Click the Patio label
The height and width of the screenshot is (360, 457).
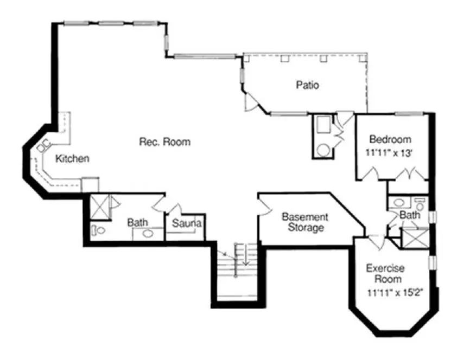click(307, 85)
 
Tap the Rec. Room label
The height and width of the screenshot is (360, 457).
click(165, 142)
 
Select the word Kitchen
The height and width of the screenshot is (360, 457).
click(73, 159)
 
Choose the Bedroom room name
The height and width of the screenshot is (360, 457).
click(390, 139)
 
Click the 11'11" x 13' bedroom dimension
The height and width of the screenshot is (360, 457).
click(390, 153)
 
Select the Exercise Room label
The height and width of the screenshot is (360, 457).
click(384, 274)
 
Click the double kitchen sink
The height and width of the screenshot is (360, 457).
click(43, 145)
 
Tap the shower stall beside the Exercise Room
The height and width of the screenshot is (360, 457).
click(415, 239)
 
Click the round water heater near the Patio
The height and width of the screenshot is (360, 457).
click(323, 150)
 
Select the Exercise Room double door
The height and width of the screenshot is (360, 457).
click(376, 239)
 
